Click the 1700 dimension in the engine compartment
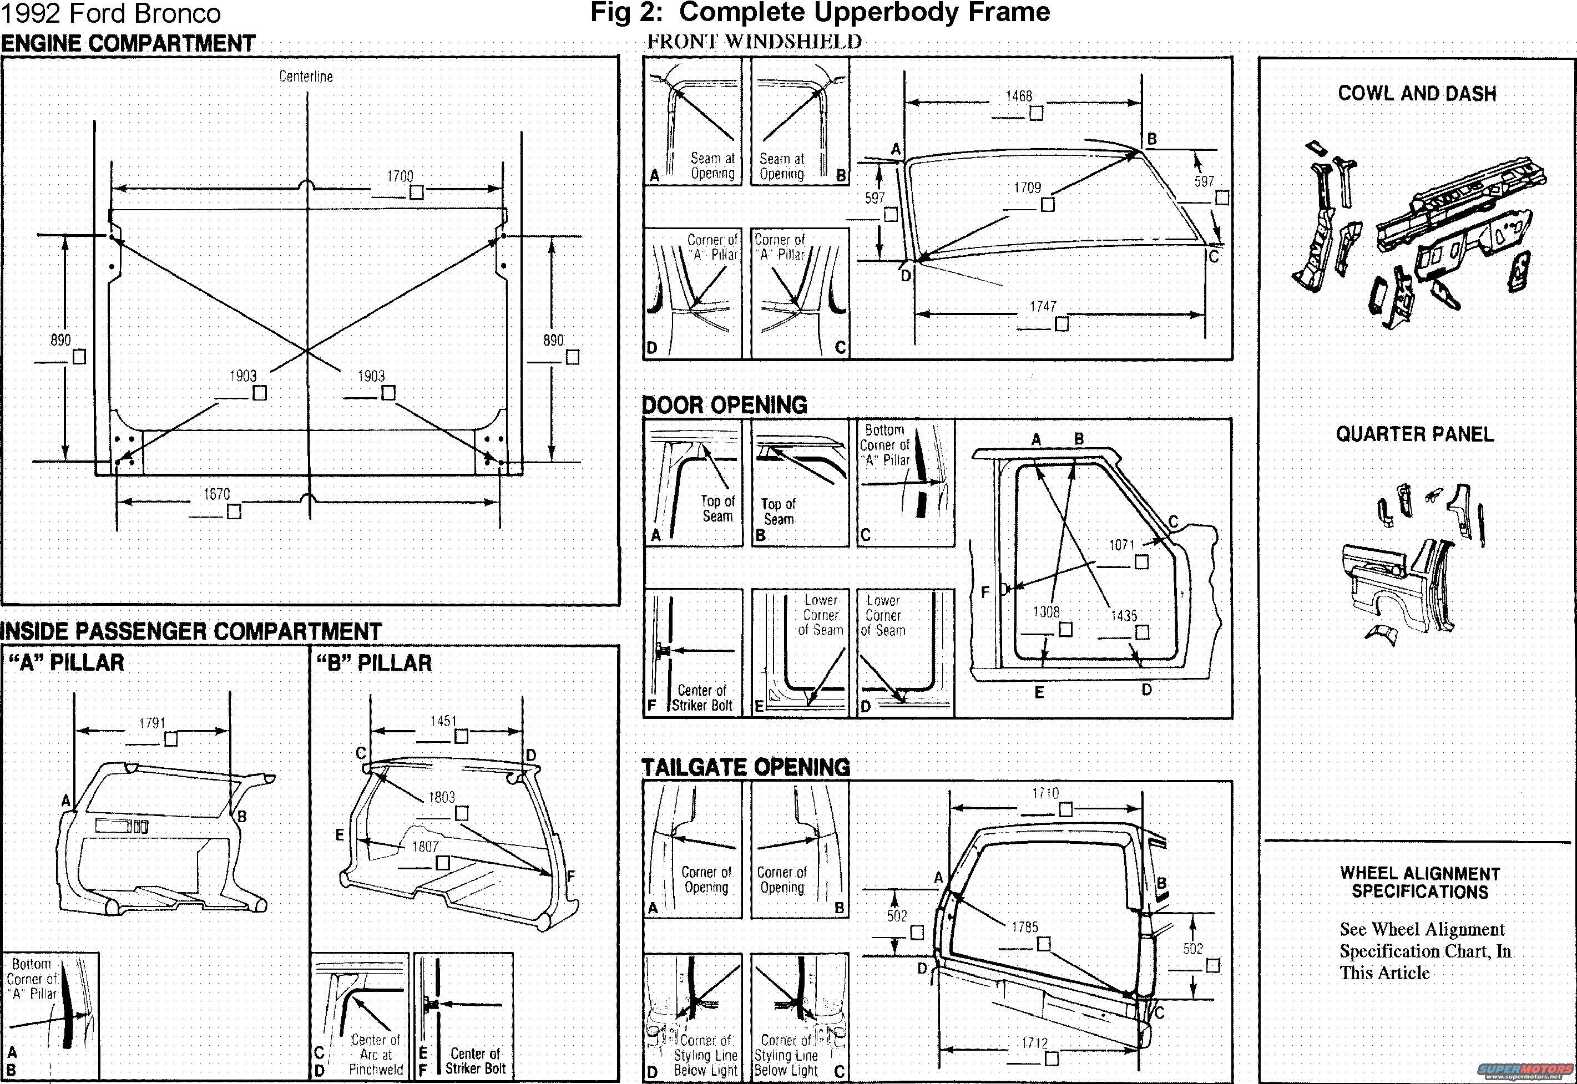(400, 176)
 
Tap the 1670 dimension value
(216, 494)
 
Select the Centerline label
(306, 77)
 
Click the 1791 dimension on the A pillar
(152, 723)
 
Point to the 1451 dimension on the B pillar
(443, 721)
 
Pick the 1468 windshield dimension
(1019, 97)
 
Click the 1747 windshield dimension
(1043, 307)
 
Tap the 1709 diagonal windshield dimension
(1028, 188)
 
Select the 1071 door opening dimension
(1122, 545)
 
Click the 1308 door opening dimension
(1046, 612)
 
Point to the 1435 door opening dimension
(1124, 616)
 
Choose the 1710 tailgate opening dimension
(1045, 793)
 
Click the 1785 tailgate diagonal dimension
(1025, 927)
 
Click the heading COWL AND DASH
(1417, 94)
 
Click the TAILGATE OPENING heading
(746, 767)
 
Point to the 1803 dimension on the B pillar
(442, 797)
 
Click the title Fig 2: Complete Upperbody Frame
(821, 12)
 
